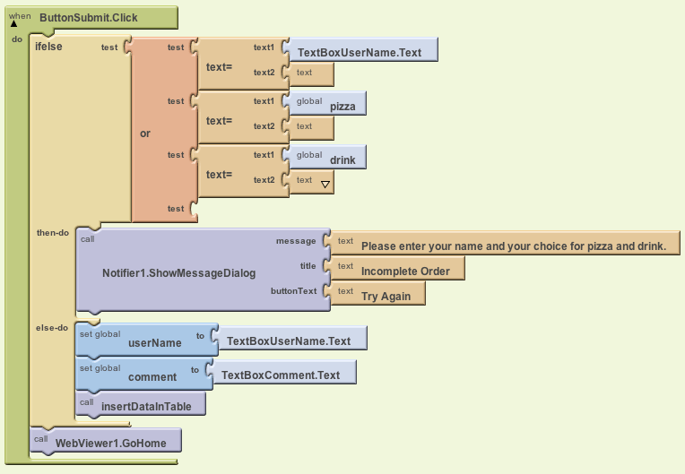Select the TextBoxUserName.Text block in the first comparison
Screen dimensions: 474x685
pos(360,52)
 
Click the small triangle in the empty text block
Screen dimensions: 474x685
pos(325,184)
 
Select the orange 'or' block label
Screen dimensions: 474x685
pos(145,134)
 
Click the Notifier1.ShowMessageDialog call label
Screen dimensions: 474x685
pos(178,272)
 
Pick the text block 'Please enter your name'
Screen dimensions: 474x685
pos(513,246)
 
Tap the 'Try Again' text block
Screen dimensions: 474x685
pos(386,296)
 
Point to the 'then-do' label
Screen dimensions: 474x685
pos(52,232)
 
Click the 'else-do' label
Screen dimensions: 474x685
pos(51,328)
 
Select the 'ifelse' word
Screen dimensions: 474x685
pos(48,46)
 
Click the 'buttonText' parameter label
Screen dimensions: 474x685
pos(293,291)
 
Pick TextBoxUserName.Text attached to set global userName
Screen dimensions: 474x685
pos(289,340)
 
